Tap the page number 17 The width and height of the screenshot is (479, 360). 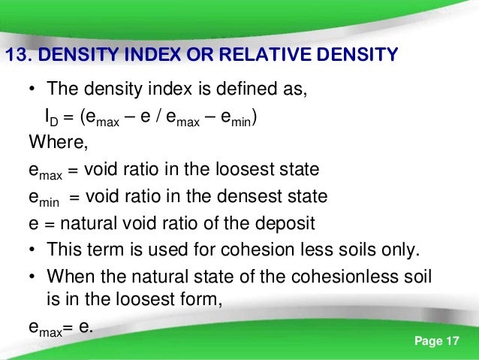(x=451, y=343)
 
